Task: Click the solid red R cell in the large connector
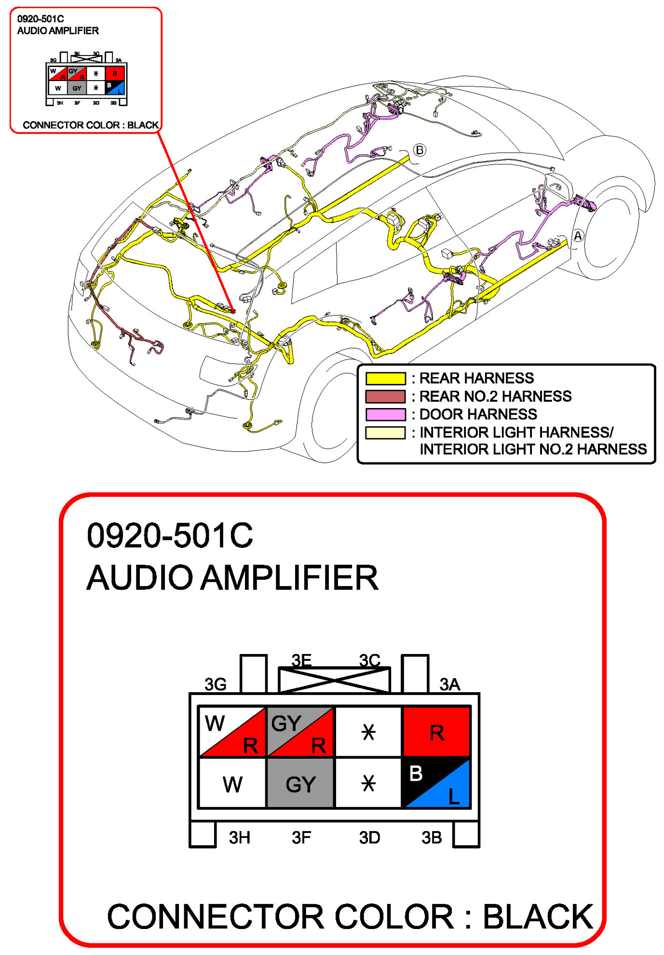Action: tap(436, 731)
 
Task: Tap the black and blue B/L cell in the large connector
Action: tap(436, 782)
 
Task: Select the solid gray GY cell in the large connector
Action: tap(300, 782)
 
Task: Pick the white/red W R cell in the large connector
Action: tap(232, 731)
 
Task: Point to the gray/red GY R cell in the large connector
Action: tap(300, 731)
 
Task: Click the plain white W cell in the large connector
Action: tap(232, 782)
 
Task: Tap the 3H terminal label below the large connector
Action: tap(239, 838)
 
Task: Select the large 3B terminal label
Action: tap(432, 838)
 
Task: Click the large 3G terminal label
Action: tap(215, 684)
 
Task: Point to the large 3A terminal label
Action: tap(449, 684)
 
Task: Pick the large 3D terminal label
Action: tap(369, 838)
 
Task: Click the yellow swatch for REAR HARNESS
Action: tap(385, 378)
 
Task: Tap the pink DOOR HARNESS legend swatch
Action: tap(385, 414)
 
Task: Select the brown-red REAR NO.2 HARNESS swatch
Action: tap(385, 396)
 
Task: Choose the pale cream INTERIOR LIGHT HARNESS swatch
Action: tap(385, 433)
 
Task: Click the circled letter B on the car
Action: tap(420, 150)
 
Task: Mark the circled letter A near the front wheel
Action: tap(578, 236)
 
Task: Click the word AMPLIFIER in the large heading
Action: tap(289, 578)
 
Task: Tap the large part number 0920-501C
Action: tap(170, 535)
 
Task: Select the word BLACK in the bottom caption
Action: tap(538, 916)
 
